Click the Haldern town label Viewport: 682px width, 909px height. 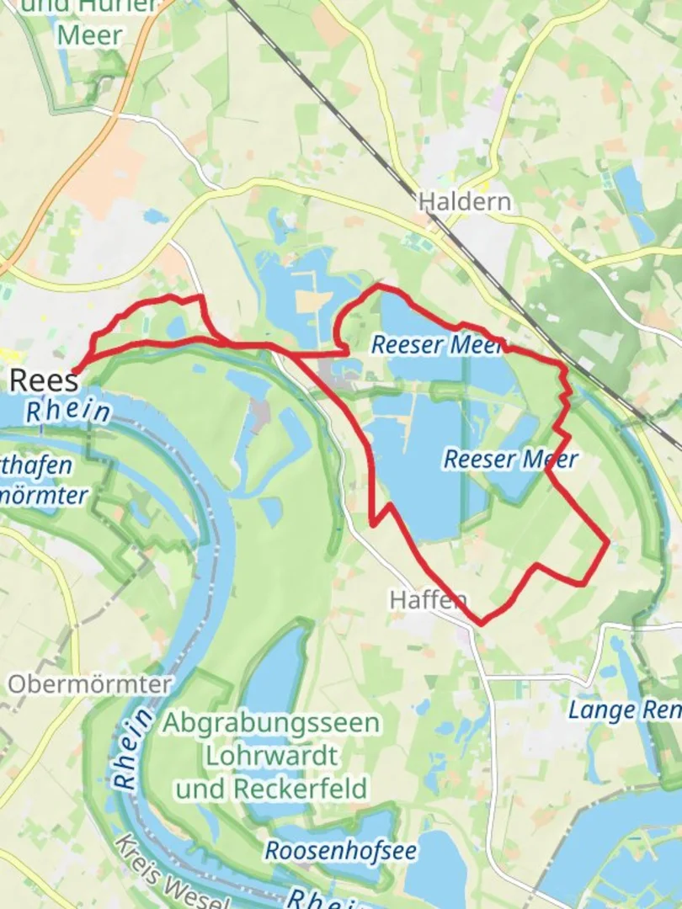tap(464, 202)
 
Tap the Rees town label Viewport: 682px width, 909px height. tap(43, 380)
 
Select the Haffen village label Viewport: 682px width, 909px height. tap(428, 599)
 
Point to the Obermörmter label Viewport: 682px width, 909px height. tap(90, 683)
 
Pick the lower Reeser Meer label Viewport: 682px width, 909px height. tap(510, 459)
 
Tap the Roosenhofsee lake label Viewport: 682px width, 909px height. tap(340, 850)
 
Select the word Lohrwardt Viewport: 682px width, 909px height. tap(271, 755)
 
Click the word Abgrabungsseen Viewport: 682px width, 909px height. tap(271, 723)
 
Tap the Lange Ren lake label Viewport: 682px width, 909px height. tap(624, 710)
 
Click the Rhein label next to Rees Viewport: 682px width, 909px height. tap(67, 412)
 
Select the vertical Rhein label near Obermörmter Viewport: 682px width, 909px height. tap(133, 748)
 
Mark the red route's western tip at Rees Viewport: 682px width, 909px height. tap(75, 370)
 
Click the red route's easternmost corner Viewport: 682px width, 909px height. tap(607, 543)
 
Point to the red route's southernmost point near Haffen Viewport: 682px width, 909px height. tap(481, 624)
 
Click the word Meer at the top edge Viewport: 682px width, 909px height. tap(88, 35)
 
